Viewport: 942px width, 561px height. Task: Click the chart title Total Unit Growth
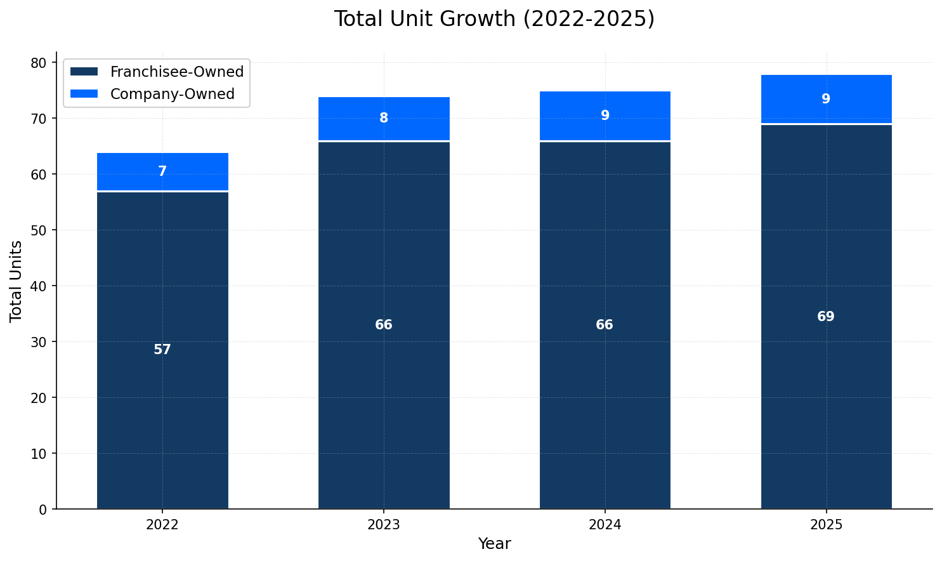(x=494, y=19)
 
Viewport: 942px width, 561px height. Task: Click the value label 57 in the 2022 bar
(x=162, y=350)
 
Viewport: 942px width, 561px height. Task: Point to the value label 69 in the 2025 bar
(x=825, y=317)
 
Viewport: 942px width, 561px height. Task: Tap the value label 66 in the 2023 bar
(x=384, y=325)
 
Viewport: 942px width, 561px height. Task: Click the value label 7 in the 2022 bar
(x=162, y=171)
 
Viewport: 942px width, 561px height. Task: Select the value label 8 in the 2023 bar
(x=384, y=118)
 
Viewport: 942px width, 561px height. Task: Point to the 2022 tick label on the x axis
(x=162, y=525)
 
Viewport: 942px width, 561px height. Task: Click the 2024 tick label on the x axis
(x=605, y=525)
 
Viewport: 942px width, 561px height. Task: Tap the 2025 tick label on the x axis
(x=825, y=525)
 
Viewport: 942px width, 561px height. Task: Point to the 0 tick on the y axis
(x=43, y=510)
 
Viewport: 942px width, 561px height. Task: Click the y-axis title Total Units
(x=16, y=280)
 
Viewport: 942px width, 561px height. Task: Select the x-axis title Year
(x=494, y=544)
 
